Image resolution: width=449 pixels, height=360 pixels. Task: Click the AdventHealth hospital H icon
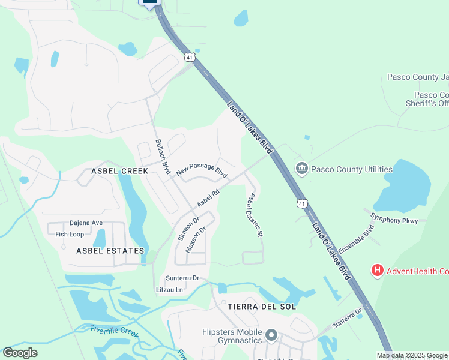point(378,271)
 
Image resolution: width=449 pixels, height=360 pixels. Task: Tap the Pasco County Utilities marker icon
point(301,169)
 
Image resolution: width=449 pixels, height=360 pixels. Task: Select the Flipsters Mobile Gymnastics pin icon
point(271,335)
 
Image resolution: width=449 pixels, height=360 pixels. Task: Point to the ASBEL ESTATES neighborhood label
point(110,251)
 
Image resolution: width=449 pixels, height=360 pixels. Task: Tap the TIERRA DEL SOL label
point(262,306)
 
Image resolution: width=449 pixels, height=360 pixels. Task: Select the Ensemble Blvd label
point(356,239)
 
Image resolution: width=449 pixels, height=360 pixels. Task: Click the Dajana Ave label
point(86,223)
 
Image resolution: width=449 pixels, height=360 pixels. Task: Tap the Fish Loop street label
point(70,234)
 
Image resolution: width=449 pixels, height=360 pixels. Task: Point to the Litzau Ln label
point(169,289)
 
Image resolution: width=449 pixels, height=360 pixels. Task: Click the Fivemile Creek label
point(115,331)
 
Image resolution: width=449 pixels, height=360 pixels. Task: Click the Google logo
point(20,353)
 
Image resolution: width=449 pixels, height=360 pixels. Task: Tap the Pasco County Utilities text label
point(352,169)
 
